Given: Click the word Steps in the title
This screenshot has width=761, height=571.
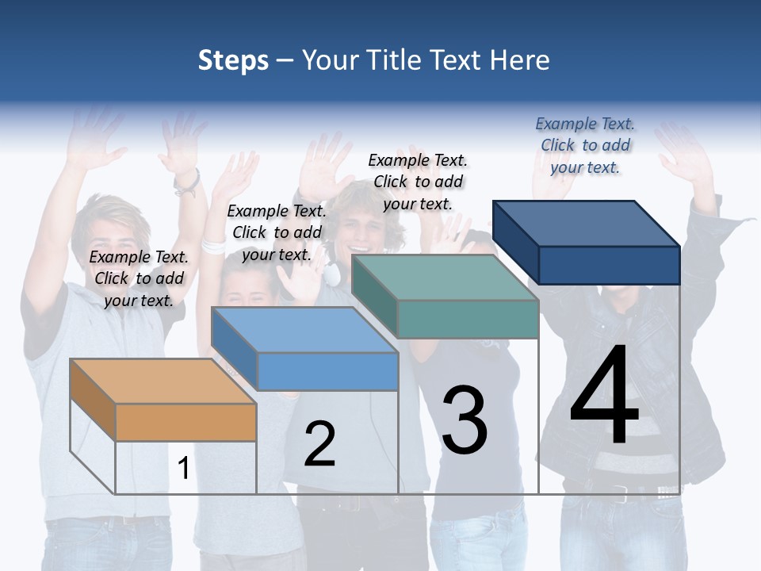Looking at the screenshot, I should coord(233,60).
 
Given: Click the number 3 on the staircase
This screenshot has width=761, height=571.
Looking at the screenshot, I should coord(464,420).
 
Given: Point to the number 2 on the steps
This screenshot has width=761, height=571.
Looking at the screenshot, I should coord(319,444).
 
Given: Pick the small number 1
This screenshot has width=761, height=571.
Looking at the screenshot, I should coord(183,468).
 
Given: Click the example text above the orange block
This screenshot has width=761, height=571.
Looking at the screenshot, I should coord(139,278).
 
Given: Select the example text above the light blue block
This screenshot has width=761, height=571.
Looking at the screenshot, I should coord(277,232).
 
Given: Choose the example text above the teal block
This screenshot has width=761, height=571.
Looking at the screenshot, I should coord(418,182).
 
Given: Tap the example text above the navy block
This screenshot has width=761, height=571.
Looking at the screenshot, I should coord(585,145).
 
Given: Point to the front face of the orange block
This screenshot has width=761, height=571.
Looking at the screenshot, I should coord(185,422).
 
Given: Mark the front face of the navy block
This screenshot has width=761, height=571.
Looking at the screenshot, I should coord(609,265).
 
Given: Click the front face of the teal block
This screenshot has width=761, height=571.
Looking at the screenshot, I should coord(468,319).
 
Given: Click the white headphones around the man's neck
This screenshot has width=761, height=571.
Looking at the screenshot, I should coord(331,274).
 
